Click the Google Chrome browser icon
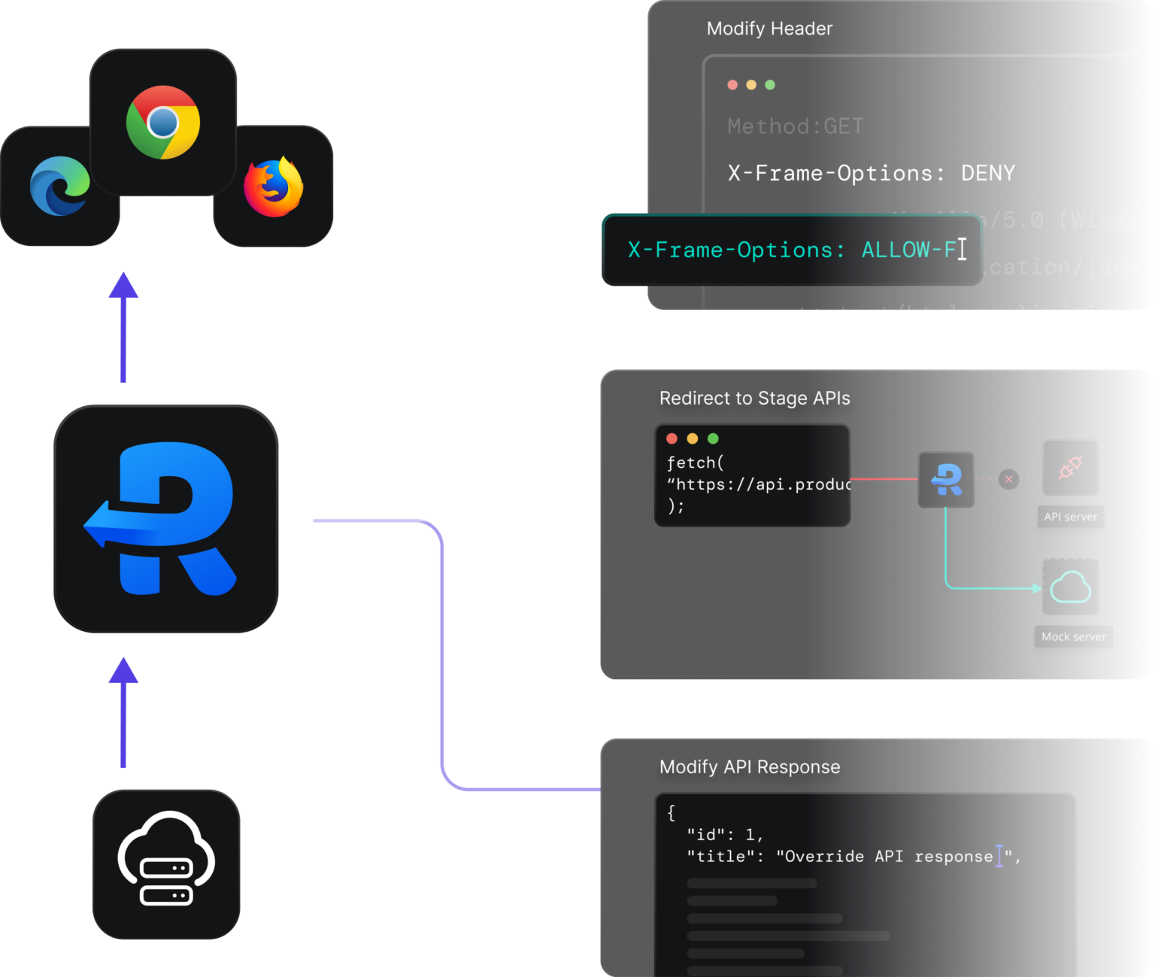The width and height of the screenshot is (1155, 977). [163, 122]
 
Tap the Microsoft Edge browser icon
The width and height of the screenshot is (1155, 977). [59, 186]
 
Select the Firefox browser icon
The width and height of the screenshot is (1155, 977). [274, 187]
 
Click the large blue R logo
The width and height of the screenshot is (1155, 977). [165, 519]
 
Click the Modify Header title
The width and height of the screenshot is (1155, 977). [769, 29]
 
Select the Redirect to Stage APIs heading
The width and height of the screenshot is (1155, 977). [754, 398]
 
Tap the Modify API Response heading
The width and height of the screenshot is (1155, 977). [750, 766]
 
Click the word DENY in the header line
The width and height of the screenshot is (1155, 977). [987, 173]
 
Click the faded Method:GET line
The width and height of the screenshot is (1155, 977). [795, 126]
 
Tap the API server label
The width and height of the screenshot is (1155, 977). [1070, 517]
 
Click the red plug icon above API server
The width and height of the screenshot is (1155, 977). [1070, 467]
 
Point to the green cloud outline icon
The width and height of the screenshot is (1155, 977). [1070, 587]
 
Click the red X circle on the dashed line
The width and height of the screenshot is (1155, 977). [1008, 479]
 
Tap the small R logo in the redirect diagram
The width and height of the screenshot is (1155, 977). [946, 479]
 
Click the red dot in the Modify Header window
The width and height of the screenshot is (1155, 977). [732, 85]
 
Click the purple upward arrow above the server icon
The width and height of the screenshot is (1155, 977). [123, 711]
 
